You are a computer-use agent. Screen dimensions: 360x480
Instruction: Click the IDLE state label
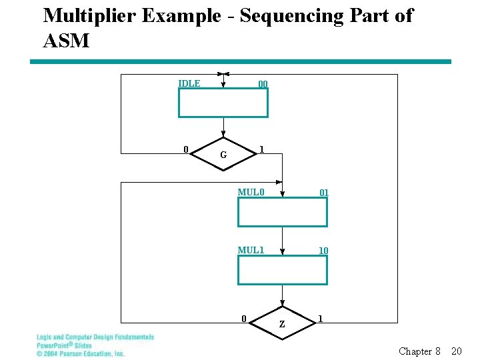tap(189, 83)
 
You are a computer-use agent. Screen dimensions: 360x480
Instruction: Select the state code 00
tap(263, 84)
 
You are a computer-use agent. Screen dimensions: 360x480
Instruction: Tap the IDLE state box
tap(223, 103)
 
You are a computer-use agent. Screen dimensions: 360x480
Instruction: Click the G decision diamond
tap(223, 153)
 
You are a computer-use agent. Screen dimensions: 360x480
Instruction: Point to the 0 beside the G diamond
tap(186, 149)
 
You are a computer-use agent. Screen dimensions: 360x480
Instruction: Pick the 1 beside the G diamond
tap(262, 149)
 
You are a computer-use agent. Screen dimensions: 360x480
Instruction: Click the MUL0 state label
tap(251, 193)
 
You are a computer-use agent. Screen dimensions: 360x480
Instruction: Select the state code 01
tap(323, 193)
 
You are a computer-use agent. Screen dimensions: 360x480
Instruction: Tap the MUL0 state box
tap(283, 212)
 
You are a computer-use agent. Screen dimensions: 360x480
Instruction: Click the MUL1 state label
tap(251, 250)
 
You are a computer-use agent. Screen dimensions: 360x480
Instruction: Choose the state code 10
tap(323, 251)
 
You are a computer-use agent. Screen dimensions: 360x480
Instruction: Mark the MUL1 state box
tap(283, 270)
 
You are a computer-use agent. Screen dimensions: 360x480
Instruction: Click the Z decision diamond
tap(282, 323)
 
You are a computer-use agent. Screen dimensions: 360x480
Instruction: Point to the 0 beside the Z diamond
tap(245, 318)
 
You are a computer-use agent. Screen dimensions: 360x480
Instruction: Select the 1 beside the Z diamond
tap(321, 318)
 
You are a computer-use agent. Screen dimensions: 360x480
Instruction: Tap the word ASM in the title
tap(65, 41)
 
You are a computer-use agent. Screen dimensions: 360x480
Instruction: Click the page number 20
tap(457, 351)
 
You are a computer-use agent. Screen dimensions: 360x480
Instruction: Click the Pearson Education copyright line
tap(80, 353)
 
